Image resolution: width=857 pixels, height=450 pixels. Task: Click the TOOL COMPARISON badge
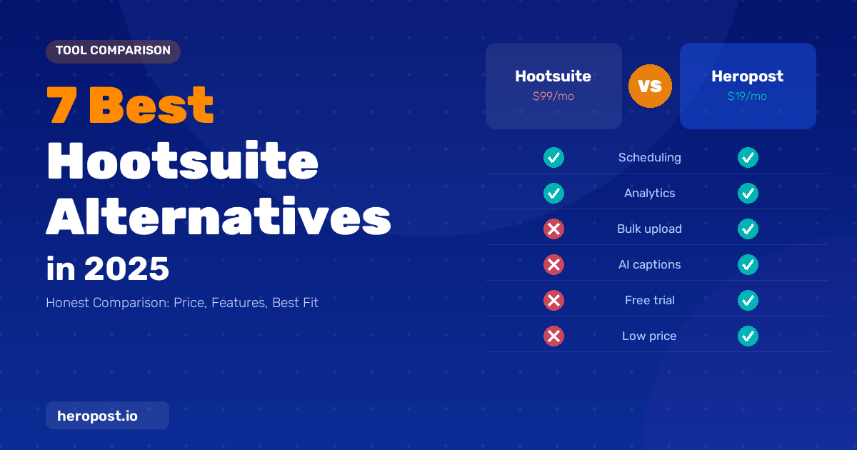(x=113, y=51)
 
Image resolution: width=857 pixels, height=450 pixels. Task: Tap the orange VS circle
(x=650, y=86)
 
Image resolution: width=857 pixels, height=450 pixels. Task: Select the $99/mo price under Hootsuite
(x=553, y=96)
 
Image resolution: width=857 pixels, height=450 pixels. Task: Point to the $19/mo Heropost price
(x=747, y=96)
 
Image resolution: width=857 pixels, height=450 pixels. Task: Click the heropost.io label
(x=97, y=416)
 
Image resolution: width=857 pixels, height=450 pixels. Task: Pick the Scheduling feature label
(x=650, y=157)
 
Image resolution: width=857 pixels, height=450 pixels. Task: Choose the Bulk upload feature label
(x=649, y=229)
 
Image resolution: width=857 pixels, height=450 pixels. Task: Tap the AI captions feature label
(x=650, y=264)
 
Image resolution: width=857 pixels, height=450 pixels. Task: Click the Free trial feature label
(x=650, y=301)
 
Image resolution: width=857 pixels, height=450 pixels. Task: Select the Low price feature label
(x=649, y=336)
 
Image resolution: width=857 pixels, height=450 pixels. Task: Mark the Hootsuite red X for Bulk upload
(x=553, y=229)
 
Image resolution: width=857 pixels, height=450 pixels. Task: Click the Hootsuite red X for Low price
(x=553, y=336)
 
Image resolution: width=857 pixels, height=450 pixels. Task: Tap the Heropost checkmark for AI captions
(x=748, y=264)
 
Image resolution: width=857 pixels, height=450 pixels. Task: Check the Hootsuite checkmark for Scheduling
(x=553, y=157)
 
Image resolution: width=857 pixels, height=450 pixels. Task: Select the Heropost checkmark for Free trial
(x=748, y=301)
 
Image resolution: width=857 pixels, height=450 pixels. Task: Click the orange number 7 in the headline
(x=61, y=105)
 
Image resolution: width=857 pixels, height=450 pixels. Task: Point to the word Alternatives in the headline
(x=219, y=216)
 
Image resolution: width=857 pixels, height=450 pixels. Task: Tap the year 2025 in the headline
(x=126, y=269)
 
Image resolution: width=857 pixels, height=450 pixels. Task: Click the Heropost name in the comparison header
(x=747, y=76)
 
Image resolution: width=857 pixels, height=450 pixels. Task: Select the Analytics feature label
(x=650, y=194)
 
